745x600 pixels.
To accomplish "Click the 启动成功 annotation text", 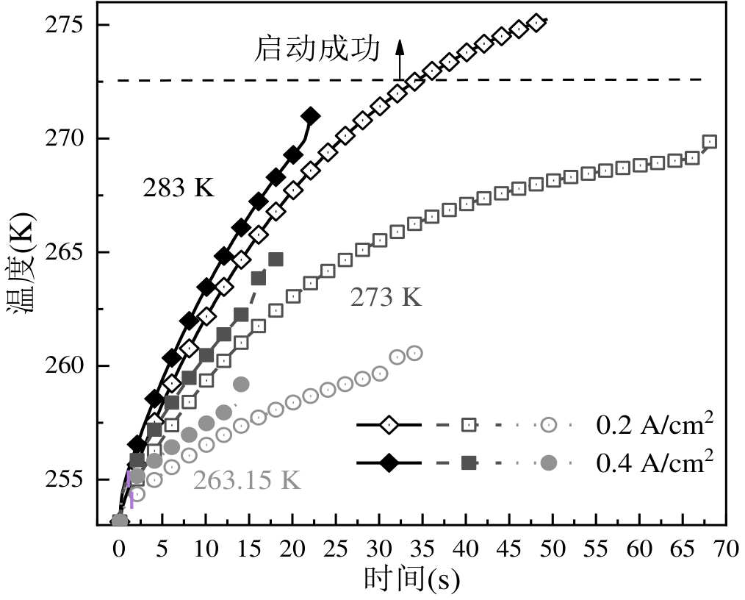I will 317,50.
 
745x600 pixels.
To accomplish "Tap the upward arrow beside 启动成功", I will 400,59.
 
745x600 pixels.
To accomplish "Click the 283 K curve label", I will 178,188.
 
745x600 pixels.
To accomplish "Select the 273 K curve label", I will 386,298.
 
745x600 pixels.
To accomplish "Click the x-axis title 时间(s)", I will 411,579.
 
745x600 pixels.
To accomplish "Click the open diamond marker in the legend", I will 388,425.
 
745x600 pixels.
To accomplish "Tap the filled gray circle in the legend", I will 548,463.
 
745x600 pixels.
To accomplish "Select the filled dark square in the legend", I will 469,463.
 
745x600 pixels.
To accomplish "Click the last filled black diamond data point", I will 310,116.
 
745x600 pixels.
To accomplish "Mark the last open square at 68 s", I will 709,142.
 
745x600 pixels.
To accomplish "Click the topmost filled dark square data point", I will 276,259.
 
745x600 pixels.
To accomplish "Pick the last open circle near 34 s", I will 414,353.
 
